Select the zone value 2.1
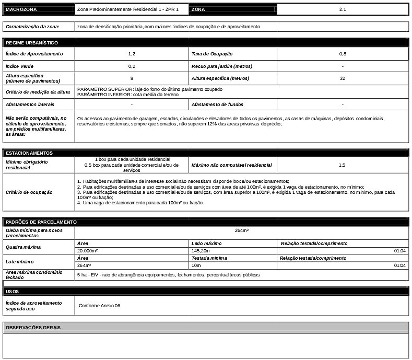click(x=343, y=9)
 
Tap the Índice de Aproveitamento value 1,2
click(x=132, y=54)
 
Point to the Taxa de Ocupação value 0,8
click(x=343, y=54)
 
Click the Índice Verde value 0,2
click(x=132, y=66)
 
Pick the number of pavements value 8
click(x=132, y=78)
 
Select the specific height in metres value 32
click(x=343, y=78)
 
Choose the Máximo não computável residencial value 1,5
click(x=342, y=165)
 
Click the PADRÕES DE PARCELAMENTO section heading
click(x=41, y=222)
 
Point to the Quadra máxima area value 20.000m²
click(x=88, y=251)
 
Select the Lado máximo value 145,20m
click(x=201, y=251)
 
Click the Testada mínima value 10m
click(x=196, y=265)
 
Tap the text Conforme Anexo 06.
click(x=100, y=305)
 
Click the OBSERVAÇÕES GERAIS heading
click(x=33, y=328)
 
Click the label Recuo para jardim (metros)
click(x=222, y=66)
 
